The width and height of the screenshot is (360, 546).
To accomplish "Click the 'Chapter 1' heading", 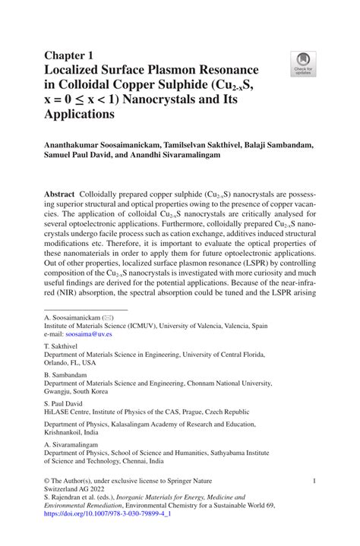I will coord(71,55).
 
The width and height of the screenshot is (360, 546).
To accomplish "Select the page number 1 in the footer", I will coord(314,481).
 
